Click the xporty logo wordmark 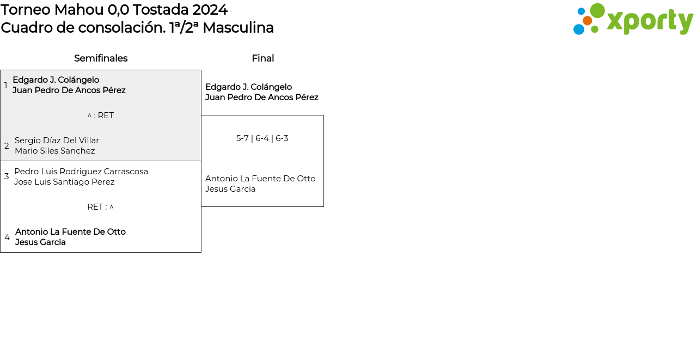(x=650, y=22)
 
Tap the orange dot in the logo (x=587, y=21)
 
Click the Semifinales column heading (x=101, y=58)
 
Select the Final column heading (x=263, y=58)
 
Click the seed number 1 (x=5, y=86)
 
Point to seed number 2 (x=7, y=145)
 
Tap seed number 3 (x=7, y=176)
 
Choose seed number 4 (x=7, y=237)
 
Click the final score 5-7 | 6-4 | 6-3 (x=262, y=138)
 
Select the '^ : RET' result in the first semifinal (x=101, y=115)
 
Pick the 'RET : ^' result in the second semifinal (x=101, y=207)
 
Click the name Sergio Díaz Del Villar (x=57, y=141)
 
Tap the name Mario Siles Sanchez (x=55, y=151)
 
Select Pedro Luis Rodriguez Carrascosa (x=81, y=172)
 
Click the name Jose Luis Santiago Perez (x=64, y=182)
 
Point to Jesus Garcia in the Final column (x=230, y=189)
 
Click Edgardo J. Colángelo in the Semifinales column (x=56, y=80)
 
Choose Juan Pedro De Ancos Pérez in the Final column (x=262, y=97)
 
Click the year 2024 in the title (x=210, y=10)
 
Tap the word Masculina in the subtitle (x=239, y=28)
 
